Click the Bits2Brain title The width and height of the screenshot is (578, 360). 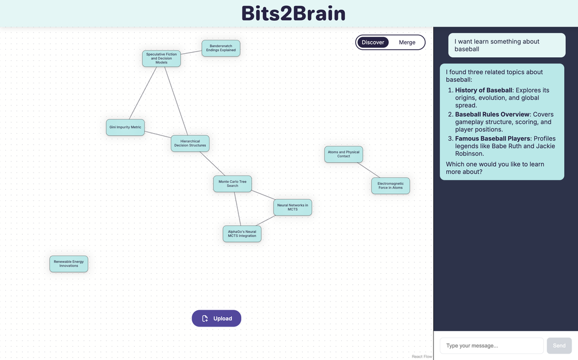coord(293,13)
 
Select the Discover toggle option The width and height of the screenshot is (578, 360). coord(373,42)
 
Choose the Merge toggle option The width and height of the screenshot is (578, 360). coord(407,42)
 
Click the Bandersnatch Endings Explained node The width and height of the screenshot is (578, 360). coord(221,48)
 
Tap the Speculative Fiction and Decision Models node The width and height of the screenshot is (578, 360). coord(161,58)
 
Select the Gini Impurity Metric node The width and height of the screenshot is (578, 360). coord(125,127)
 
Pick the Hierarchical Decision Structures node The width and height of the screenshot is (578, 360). coord(190,143)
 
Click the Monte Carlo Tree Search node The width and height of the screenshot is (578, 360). coord(233,183)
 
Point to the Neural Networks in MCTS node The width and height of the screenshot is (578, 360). coord(293,207)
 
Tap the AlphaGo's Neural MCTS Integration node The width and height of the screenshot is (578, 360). coord(242,234)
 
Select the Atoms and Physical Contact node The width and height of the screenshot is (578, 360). coord(344,154)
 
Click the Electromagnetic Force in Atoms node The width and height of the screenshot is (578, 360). coord(391,186)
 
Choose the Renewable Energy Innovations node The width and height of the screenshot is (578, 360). coord(69,264)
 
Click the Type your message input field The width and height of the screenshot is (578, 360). coord(491,346)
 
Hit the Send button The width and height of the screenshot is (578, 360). coord(559,346)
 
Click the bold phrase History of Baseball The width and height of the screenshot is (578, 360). coord(484,90)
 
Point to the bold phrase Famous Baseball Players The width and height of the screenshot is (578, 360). coord(492,139)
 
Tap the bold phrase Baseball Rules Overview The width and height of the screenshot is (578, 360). coord(492,115)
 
